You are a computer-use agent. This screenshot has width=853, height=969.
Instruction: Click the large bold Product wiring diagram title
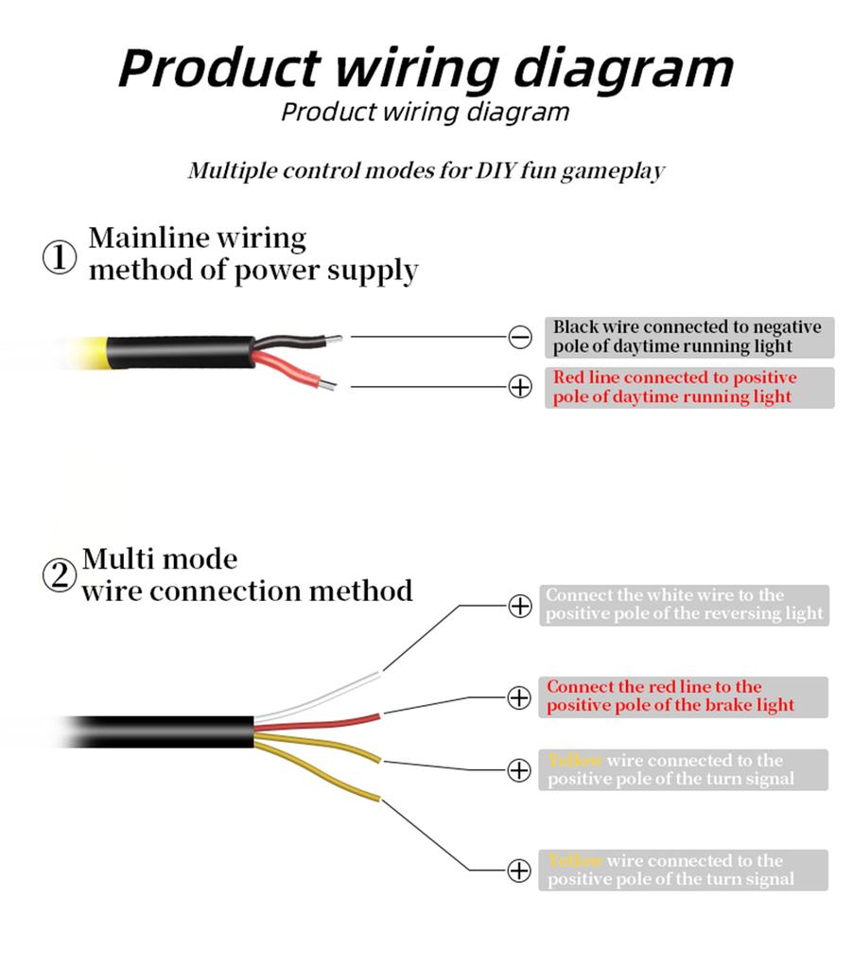[x=426, y=67]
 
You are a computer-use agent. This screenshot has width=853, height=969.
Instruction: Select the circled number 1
[x=60, y=258]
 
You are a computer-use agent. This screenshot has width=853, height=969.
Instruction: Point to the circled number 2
[x=60, y=575]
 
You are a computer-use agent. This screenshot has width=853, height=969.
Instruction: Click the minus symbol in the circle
[x=520, y=336]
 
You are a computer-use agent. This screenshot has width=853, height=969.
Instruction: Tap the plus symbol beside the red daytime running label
[x=520, y=387]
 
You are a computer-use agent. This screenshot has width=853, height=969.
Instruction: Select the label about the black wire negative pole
[x=688, y=337]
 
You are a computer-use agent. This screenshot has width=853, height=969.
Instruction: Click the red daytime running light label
[x=688, y=387]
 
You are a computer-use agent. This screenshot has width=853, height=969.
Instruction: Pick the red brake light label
[x=683, y=696]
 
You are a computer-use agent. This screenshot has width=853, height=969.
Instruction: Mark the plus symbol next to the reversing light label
[x=520, y=606]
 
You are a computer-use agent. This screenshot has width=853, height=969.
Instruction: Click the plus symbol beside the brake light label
[x=520, y=698]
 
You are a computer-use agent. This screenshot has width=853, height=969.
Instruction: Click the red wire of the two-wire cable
[x=293, y=369]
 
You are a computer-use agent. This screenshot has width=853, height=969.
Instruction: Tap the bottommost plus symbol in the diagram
[x=519, y=871]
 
